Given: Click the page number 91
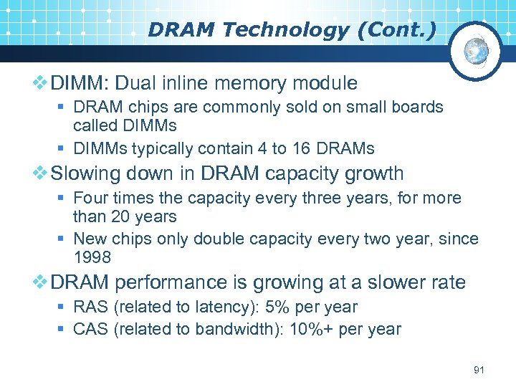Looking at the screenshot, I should tap(479, 371).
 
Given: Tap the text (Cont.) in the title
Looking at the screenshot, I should tap(399, 30).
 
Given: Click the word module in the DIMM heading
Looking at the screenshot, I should tap(322, 83).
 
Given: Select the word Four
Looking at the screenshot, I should tap(90, 198).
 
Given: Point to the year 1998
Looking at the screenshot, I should tap(92, 257).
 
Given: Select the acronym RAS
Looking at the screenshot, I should tap(90, 307).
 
